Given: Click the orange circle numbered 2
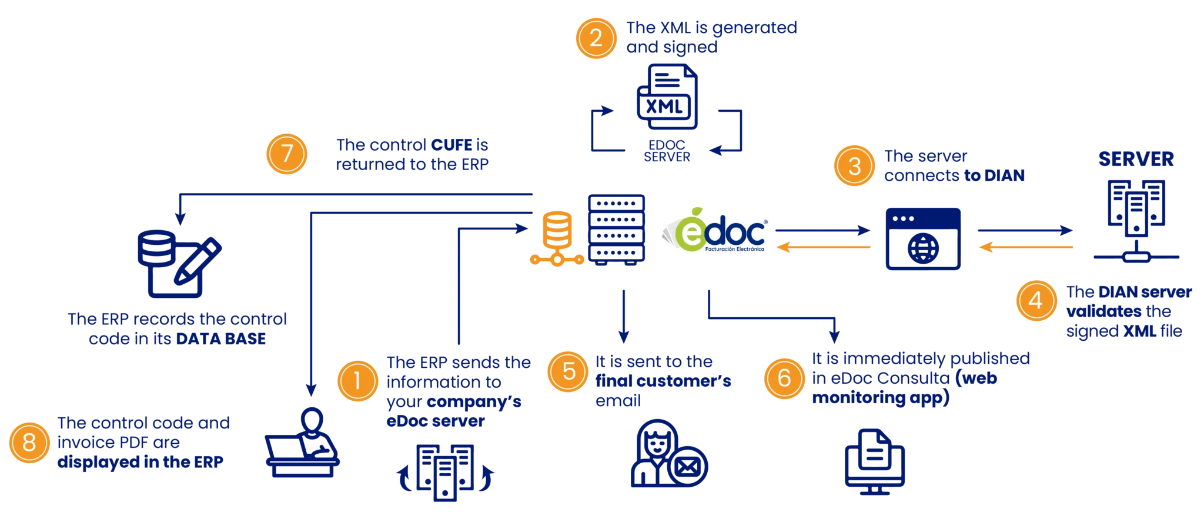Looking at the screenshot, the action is tap(596, 38).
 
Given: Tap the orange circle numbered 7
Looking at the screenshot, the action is tap(287, 154).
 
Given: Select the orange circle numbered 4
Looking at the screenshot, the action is tap(1036, 301).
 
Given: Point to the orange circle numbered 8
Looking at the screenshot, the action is tap(29, 443).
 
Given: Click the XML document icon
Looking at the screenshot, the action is tap(667, 97).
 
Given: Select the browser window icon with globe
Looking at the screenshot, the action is tap(923, 238).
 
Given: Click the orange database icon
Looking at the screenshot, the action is tap(557, 238).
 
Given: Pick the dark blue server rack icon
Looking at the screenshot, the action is tap(617, 230).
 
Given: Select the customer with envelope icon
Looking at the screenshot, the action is tap(668, 453).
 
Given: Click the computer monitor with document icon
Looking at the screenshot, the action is tap(875, 462).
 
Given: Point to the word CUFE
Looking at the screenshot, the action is tap(451, 145).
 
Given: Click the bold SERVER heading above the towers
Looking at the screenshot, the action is tap(1136, 159).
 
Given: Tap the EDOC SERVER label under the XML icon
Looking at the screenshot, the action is tap(667, 151).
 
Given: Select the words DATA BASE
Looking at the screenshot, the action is tap(221, 338).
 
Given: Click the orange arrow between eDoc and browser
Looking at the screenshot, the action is tap(824, 247).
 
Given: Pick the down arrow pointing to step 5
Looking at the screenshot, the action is tap(624, 317).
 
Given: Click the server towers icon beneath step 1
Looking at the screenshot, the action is tap(445, 473).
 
